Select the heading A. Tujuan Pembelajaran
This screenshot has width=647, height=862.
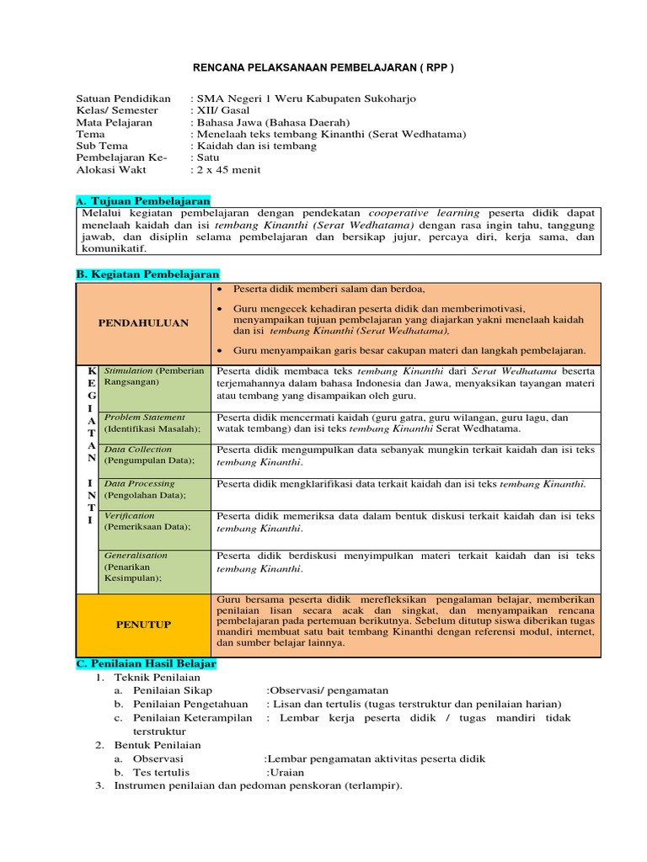pos(142,201)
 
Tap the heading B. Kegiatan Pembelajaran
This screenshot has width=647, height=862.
pos(147,274)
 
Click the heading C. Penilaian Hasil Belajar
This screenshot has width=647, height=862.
pos(146,663)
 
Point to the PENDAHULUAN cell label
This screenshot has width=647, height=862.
pos(143,322)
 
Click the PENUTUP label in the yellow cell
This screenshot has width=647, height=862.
pos(143,624)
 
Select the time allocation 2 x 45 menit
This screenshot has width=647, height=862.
pos(228,169)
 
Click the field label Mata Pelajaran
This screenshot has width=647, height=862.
pos(114,122)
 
